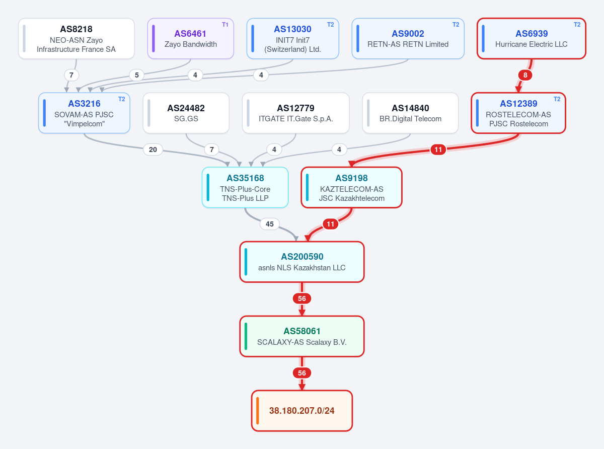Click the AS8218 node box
76,38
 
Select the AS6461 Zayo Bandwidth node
191,38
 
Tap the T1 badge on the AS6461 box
225,25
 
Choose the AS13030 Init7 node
293,38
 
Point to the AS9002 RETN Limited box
408,38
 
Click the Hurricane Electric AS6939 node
532,38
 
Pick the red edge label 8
525,75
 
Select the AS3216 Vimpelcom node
84,113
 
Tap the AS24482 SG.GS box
186,113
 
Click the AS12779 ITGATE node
296,113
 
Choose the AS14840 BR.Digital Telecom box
410,113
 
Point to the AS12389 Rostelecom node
518,113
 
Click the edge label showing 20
153,149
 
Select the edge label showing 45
270,224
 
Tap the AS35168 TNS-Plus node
245,187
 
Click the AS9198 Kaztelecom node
351,187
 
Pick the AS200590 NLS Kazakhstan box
302,262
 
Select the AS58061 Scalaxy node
302,336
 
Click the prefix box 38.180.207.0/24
302,411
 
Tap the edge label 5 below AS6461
137,75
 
